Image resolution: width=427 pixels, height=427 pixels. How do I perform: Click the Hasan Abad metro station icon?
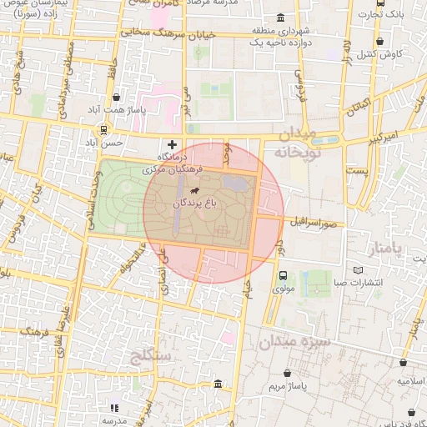tap(103, 129)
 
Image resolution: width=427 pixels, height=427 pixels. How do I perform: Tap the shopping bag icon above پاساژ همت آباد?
tap(116, 97)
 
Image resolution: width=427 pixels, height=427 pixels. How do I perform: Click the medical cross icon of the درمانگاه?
tap(173, 144)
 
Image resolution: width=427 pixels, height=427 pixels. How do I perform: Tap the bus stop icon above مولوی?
tap(284, 275)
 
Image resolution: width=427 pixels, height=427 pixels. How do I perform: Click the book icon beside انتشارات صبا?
tap(359, 270)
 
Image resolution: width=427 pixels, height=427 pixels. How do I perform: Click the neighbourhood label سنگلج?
tap(151, 358)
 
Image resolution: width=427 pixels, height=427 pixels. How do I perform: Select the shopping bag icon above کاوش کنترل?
tap(380, 41)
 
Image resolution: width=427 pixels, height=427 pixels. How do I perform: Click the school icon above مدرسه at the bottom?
tap(115, 408)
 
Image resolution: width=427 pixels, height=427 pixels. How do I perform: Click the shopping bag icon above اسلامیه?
tap(404, 364)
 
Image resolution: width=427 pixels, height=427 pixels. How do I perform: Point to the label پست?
tap(358, 170)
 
